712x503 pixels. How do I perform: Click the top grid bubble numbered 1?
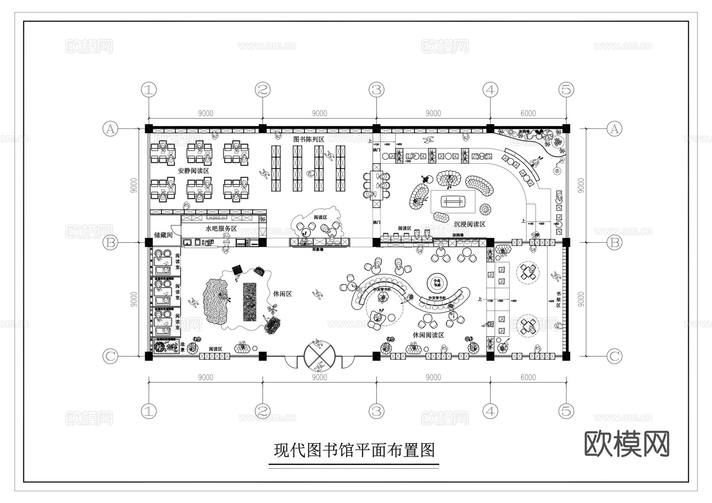[149, 90]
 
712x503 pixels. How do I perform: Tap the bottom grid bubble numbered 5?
[566, 411]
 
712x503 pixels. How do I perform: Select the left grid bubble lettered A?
[110, 129]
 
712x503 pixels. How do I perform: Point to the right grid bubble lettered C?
[614, 356]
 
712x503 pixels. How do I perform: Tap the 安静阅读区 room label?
[193, 171]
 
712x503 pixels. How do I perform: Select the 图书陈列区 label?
[309, 139]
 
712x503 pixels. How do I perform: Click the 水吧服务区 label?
[221, 229]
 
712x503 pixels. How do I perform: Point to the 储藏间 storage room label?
[163, 235]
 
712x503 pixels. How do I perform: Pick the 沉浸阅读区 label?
[469, 224]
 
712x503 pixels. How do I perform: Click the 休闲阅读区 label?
[428, 335]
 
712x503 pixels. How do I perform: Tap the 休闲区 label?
[282, 294]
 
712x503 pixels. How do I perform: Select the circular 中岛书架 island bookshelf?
[437, 283]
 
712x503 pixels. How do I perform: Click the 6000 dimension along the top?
[528, 113]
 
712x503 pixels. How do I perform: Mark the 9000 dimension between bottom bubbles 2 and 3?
[320, 377]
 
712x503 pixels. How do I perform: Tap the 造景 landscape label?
[182, 347]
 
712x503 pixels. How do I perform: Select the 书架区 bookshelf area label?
[559, 300]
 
